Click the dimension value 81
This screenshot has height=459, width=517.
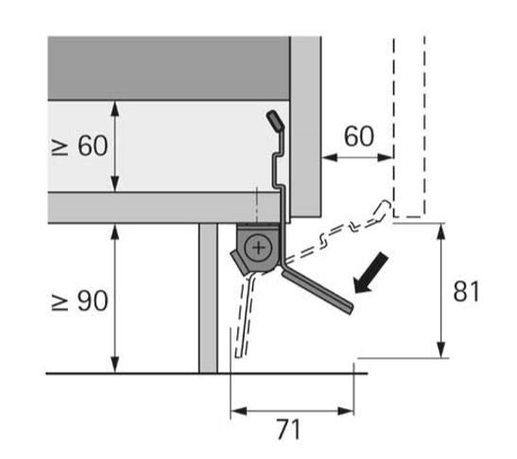click(x=466, y=291)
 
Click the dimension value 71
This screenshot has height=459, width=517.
click(x=289, y=429)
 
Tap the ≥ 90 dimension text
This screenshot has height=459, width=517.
click(x=79, y=300)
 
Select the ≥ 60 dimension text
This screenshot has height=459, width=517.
click(x=79, y=145)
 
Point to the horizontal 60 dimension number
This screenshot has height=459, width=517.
click(x=359, y=136)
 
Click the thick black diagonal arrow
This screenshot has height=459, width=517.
click(x=371, y=273)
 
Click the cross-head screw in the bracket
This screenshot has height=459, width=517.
click(x=259, y=247)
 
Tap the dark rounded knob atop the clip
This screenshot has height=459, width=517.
click(x=275, y=121)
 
